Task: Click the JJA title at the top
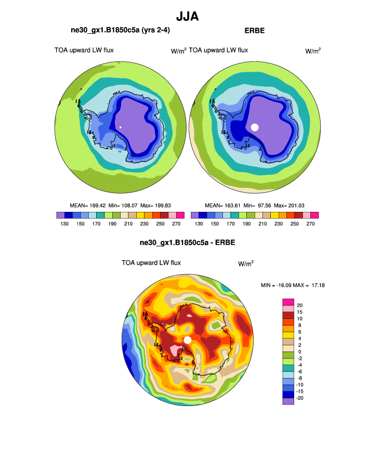(x=187, y=16)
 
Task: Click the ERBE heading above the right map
(x=254, y=31)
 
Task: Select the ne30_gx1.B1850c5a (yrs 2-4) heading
(x=120, y=31)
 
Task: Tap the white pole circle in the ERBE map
(x=255, y=127)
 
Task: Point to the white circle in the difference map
(x=188, y=340)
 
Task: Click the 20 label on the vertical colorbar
(x=300, y=305)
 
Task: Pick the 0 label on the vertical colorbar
(x=299, y=352)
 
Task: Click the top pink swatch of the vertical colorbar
(x=288, y=302)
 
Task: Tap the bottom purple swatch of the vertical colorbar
(x=288, y=401)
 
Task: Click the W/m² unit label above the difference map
(x=246, y=263)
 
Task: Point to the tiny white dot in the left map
(x=120, y=127)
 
